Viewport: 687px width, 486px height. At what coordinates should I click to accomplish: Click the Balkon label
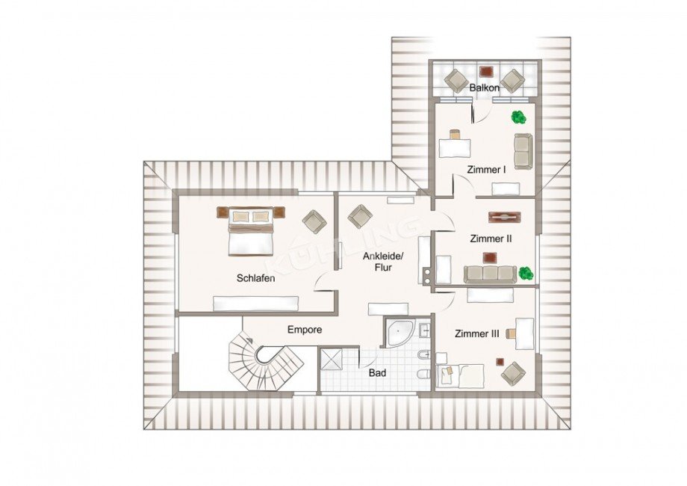coord(484,87)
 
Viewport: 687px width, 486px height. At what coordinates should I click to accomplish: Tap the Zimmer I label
coord(486,170)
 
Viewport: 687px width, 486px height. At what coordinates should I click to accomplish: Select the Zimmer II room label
coord(491,239)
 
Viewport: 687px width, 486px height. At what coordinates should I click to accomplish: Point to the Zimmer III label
coord(477,333)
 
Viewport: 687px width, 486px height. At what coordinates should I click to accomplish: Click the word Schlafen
coord(256,278)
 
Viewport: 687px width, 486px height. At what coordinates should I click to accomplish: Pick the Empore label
coord(305,330)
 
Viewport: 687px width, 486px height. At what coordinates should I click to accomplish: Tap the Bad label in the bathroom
coord(377,373)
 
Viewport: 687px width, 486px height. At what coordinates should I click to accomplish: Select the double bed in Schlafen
coord(251,231)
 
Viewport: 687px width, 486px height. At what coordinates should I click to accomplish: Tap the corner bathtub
coord(400,333)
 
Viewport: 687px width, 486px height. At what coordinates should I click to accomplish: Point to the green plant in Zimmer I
coord(519,117)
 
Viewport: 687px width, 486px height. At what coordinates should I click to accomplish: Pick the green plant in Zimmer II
coord(526,273)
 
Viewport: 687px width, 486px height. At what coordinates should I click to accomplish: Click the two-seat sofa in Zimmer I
coord(523,151)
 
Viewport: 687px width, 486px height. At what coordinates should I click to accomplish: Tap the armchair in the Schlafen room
coord(314,221)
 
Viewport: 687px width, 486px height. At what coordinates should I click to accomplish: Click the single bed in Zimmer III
coord(461,376)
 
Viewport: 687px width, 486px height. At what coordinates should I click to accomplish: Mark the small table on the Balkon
coord(486,71)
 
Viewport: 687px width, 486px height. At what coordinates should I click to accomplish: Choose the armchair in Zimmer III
coord(514,373)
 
